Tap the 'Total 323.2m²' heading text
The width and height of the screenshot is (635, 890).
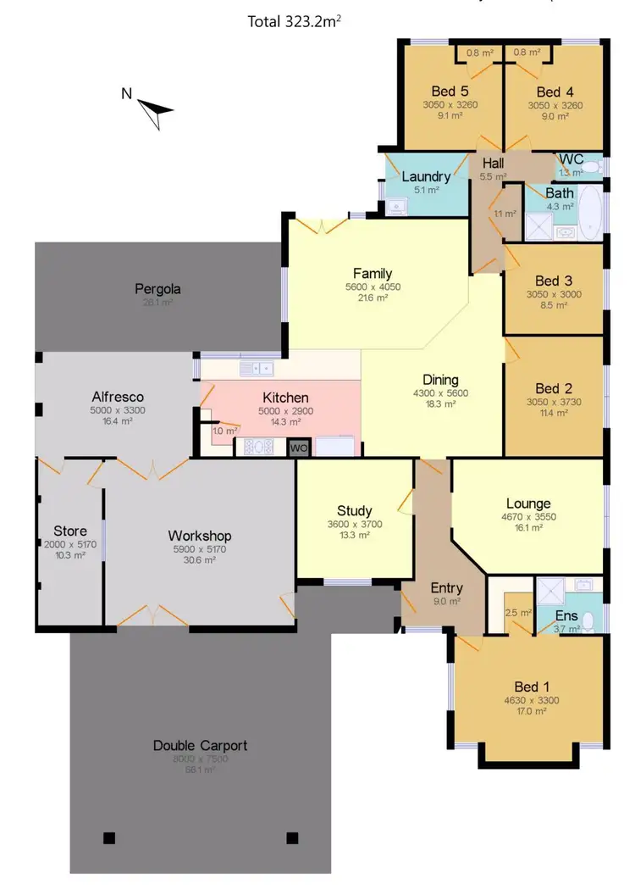(295, 21)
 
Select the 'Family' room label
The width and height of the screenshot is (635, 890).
(373, 273)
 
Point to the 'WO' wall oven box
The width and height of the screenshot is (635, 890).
(299, 448)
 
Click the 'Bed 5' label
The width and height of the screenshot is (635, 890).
(450, 92)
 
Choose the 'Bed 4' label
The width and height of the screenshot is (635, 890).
(555, 92)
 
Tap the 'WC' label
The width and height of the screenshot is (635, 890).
(571, 159)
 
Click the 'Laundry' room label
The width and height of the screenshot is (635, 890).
(426, 176)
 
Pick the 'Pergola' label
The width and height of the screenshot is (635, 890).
(157, 289)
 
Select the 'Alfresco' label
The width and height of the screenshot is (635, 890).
(117, 396)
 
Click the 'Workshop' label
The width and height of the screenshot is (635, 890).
(199, 536)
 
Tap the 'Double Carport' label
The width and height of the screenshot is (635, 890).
(200, 746)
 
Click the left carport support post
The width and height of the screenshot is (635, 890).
(108, 838)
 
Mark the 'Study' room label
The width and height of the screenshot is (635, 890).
(354, 510)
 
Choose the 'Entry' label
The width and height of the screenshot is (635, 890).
(446, 587)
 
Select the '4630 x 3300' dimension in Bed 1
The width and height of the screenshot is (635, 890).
(531, 700)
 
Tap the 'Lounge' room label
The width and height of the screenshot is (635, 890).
(527, 503)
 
